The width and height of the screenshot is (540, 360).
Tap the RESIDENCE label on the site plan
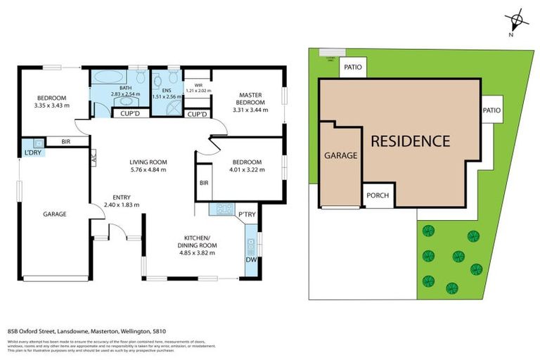(410, 141)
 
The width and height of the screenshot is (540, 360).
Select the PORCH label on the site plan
(378, 196)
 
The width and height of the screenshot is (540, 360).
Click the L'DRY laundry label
(32, 153)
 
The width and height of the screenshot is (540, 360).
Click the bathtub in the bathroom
(110, 77)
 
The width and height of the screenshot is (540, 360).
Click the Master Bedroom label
(250, 98)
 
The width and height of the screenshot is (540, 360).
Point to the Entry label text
(123, 197)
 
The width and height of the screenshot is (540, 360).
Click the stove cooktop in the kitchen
(224, 208)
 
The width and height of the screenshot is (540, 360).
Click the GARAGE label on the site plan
(340, 155)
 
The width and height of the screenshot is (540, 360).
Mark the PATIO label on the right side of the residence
(491, 110)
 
